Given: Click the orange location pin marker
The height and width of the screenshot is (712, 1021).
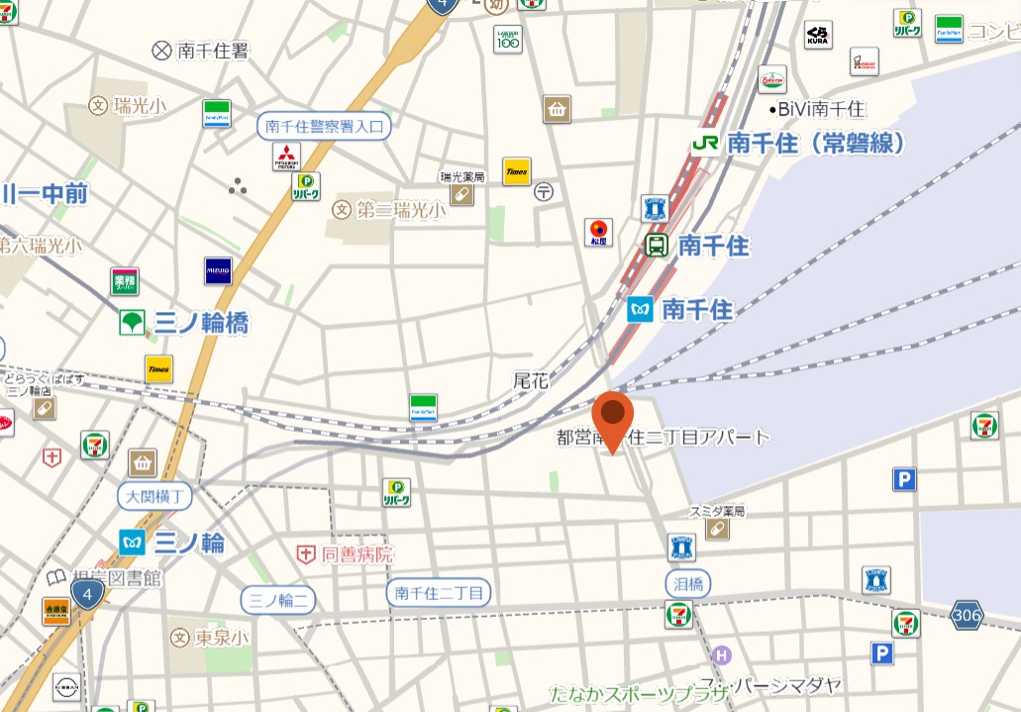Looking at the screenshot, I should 614,417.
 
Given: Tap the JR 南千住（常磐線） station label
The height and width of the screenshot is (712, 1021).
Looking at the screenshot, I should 799,143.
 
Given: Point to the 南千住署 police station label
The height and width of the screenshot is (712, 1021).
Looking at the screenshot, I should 213,51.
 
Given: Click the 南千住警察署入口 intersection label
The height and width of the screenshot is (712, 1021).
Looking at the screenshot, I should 325,126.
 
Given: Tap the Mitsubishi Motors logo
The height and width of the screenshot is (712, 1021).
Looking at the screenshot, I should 286,156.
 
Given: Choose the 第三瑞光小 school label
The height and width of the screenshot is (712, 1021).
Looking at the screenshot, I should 400,209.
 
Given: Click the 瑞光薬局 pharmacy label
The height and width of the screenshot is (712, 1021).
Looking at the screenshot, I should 462,177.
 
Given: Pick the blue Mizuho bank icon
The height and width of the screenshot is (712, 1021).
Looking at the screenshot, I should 218,270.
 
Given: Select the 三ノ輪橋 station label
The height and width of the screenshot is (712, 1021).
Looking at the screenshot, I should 201,322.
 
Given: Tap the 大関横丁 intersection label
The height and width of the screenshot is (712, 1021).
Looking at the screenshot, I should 159,494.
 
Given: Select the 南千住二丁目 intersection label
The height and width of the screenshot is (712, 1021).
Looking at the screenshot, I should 439,592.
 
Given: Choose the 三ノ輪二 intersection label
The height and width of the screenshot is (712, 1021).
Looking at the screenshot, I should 279,599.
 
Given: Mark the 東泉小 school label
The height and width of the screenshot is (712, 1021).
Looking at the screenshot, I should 221,637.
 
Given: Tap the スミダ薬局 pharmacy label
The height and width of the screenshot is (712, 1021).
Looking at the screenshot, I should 717,512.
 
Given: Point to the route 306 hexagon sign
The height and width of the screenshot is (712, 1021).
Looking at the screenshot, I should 968,615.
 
